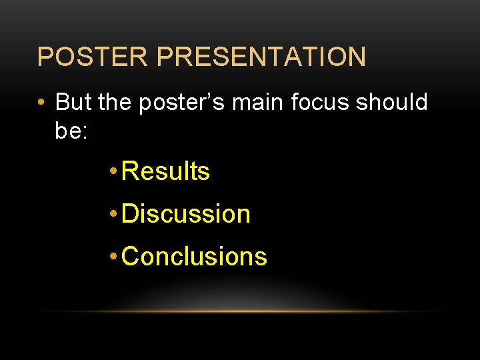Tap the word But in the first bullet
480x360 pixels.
[x=73, y=102]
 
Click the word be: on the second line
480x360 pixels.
[x=71, y=131]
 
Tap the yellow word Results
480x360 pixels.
[x=167, y=171]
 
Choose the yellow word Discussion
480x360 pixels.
[x=187, y=214]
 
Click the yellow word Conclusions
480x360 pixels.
[x=195, y=256]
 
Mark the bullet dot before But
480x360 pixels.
[x=42, y=103]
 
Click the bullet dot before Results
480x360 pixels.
[x=114, y=172]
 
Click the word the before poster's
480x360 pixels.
[x=115, y=102]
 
